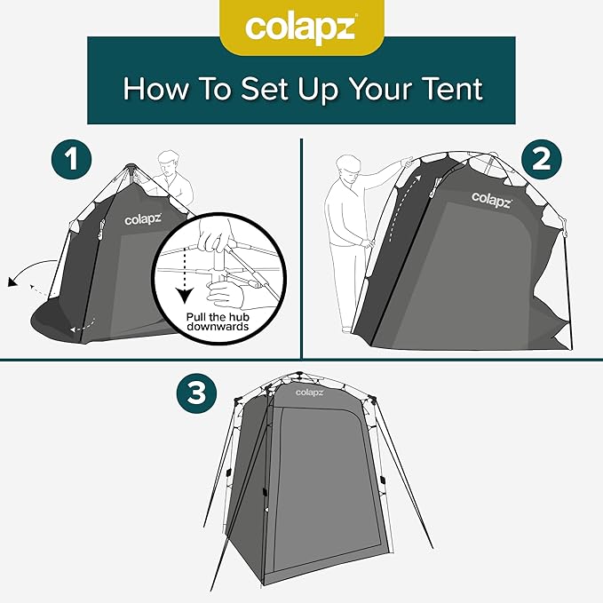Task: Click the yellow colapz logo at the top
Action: (301, 28)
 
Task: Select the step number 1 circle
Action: (72, 161)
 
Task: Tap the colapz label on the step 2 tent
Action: (490, 196)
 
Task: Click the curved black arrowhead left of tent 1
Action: (12, 282)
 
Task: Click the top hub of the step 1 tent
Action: (131, 166)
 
